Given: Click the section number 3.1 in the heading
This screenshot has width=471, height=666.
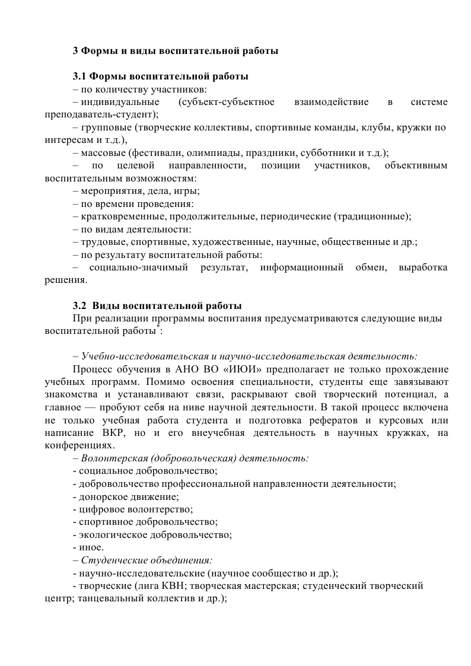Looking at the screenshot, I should tap(79, 77).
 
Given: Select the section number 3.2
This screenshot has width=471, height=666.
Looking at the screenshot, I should tap(79, 307).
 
